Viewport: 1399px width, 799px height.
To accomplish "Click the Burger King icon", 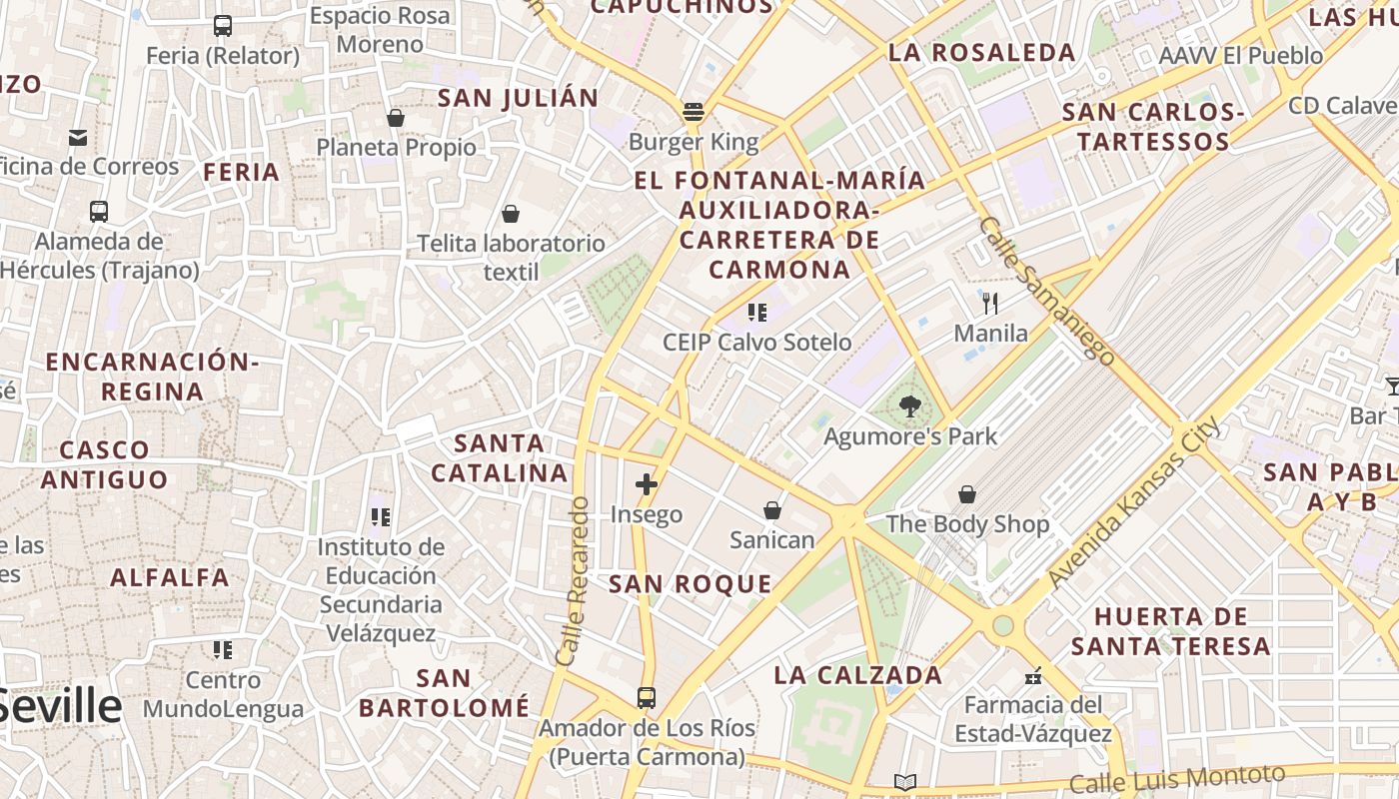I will point(694,111).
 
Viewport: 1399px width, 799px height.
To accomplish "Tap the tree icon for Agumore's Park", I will point(909,406).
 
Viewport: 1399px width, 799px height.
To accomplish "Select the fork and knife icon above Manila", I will point(990,303).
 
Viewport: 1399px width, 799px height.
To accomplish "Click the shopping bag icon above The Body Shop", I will point(966,494).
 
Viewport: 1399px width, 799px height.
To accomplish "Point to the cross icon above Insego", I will point(647,485).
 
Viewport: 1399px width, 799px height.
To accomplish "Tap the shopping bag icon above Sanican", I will point(771,510).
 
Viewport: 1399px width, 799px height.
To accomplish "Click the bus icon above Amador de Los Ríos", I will point(647,697).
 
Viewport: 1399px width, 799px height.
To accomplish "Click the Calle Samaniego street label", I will point(1047,291).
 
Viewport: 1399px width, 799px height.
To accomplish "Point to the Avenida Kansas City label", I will point(1134,502).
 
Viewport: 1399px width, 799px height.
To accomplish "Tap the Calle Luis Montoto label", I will point(1177,779).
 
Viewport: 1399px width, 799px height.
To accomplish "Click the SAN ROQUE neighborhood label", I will point(691,584).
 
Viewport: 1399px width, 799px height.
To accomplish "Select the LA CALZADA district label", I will point(858,675).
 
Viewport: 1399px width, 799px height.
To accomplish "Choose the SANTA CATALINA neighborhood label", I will point(500,457).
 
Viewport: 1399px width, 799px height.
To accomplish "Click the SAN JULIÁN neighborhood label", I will point(518,98).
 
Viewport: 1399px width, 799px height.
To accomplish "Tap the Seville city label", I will point(60,706).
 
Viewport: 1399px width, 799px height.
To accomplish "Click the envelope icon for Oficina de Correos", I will point(78,137).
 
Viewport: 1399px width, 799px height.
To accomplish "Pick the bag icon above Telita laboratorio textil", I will point(511,214).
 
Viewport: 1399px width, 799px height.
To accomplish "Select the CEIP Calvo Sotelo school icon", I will point(757,313).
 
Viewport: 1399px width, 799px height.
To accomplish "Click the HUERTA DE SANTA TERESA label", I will point(1171,631).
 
